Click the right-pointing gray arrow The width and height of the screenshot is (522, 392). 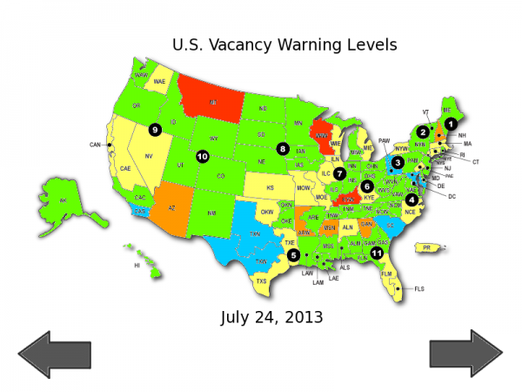[x=465, y=354]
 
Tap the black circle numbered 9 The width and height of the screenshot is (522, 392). [x=155, y=130]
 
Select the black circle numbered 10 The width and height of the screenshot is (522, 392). [x=202, y=157]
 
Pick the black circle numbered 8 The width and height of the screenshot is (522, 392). [x=283, y=148]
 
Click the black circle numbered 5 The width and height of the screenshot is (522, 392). [x=293, y=255]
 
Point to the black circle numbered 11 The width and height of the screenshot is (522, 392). [x=376, y=253]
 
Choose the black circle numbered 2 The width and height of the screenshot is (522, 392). [x=422, y=132]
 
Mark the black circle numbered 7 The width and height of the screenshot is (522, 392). [x=339, y=173]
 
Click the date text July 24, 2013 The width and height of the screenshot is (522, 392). [x=271, y=317]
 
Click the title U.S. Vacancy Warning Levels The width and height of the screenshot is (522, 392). [x=284, y=44]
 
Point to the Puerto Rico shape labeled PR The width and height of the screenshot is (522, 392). [x=426, y=248]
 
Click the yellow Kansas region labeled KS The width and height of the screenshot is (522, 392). [x=270, y=187]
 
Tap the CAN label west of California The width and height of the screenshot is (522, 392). [x=95, y=145]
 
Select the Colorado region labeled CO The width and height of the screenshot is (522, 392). [x=219, y=177]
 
